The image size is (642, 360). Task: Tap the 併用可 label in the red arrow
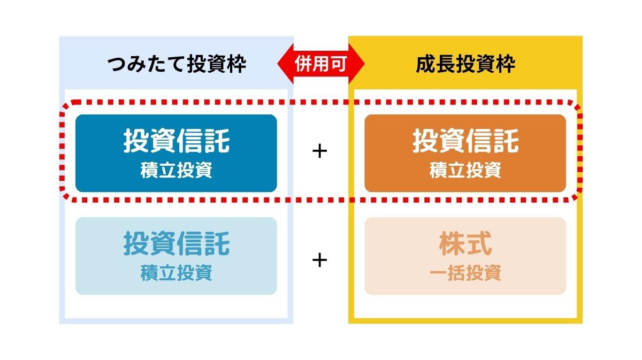point(321,64)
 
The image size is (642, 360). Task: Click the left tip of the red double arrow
point(278,64)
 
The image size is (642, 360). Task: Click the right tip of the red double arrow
point(364,64)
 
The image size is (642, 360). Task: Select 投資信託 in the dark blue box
point(177,141)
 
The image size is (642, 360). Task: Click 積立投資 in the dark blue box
point(176,170)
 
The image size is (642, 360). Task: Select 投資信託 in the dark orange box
point(465,141)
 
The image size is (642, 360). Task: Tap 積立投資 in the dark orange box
point(465,170)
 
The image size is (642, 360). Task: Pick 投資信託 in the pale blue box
point(177,243)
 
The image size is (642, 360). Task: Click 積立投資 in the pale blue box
point(176,273)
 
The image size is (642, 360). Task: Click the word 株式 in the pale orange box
point(465,243)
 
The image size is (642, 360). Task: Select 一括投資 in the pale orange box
point(465,273)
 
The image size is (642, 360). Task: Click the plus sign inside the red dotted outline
point(319,151)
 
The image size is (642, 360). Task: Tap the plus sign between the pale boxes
point(319,261)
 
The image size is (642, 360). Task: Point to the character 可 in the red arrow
point(339,64)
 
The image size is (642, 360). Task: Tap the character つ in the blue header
point(117,65)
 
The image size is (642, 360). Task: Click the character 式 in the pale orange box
point(479,243)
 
